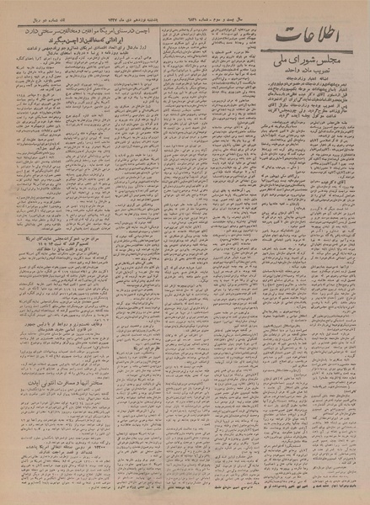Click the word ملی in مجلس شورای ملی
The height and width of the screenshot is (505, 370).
point(292,69)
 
